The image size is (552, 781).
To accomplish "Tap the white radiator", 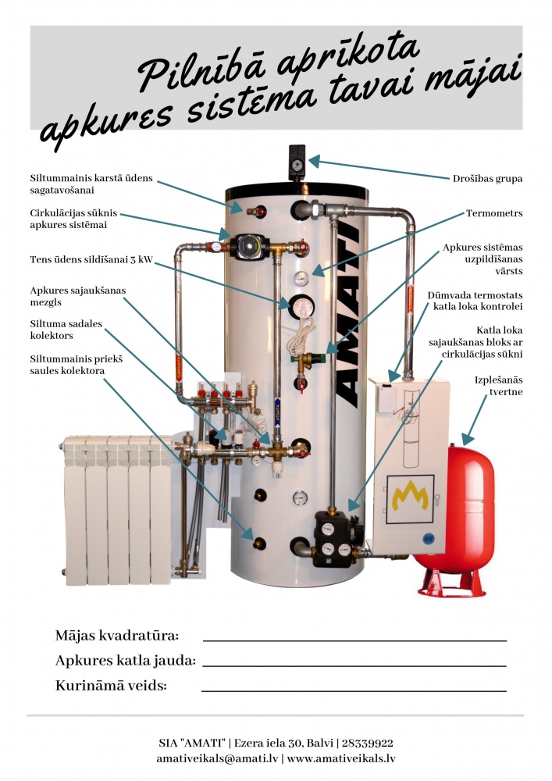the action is point(117,509).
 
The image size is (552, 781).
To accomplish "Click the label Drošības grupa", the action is point(487,178).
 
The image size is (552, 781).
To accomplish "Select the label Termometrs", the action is point(494,213).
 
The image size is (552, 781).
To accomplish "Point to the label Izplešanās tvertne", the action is point(498,386).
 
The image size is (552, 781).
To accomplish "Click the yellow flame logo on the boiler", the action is point(410,497).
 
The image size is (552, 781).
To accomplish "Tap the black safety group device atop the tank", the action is point(297,162).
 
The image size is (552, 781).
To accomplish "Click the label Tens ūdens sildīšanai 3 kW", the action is point(91,259).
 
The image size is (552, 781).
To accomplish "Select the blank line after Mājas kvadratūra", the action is point(354,640).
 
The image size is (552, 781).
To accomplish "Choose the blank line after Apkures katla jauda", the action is point(354,665).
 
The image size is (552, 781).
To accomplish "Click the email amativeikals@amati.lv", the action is point(217,758).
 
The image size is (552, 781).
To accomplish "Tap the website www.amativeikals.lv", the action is point(341,758).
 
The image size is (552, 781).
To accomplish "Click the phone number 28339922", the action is point(367,744).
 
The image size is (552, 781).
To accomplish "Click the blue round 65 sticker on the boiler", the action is point(428,538).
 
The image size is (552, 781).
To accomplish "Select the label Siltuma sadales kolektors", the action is point(66,330).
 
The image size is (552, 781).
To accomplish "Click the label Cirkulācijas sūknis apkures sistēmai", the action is point(73,219).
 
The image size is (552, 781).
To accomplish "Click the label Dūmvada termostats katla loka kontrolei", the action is point(475,301).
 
